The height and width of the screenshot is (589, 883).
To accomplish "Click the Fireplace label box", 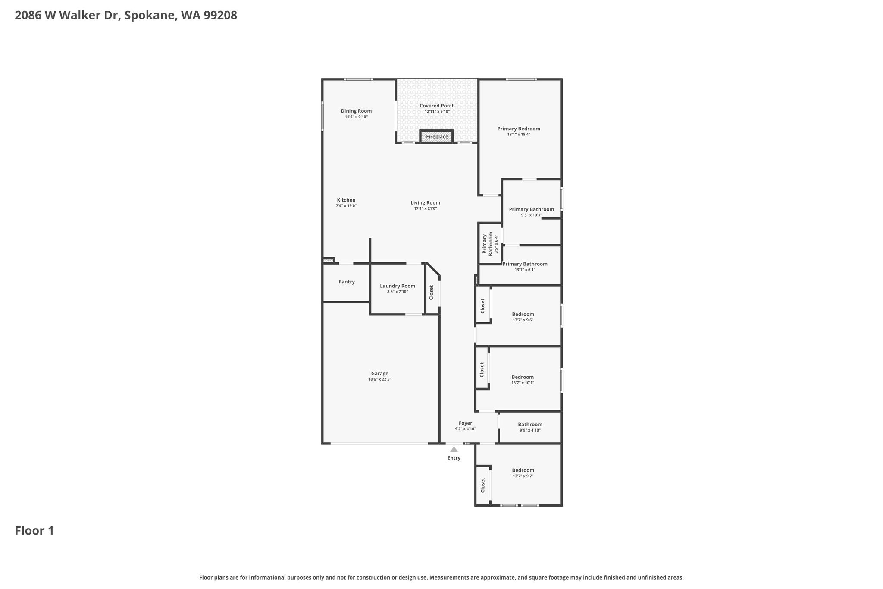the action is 437,136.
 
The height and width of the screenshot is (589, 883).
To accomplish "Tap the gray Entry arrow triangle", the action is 454,450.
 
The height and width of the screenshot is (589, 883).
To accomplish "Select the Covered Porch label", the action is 437,106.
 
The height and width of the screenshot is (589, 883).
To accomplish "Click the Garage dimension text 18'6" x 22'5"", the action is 380,379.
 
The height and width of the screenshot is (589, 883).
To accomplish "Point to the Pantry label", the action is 347,282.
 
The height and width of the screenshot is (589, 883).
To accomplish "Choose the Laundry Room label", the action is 398,286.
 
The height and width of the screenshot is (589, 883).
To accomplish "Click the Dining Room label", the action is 356,111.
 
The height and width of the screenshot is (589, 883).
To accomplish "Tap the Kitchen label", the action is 346,200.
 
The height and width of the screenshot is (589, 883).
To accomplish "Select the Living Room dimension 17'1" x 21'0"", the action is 426,208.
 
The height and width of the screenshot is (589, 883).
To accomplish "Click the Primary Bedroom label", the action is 519,129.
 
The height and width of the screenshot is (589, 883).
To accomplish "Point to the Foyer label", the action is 466,423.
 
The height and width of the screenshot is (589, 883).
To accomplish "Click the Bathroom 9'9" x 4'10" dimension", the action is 530,430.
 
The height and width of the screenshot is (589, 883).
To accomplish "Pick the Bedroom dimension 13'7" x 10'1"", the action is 523,383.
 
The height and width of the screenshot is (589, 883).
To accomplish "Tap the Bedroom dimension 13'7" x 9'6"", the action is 523,320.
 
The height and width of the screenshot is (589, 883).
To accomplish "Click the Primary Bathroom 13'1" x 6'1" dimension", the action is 525,270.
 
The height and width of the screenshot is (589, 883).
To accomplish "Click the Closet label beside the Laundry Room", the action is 431,293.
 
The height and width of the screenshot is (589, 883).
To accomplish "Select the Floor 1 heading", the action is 34,531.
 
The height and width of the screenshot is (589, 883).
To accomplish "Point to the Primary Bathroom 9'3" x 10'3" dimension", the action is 532,215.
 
